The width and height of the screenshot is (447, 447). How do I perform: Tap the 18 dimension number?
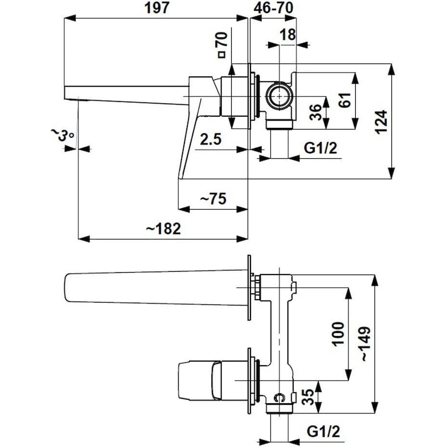(x=288, y=34)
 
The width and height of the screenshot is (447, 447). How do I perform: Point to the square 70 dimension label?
(x=221, y=45)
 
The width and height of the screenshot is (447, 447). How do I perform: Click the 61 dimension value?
(x=344, y=102)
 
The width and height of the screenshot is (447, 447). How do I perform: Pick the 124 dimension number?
(x=380, y=121)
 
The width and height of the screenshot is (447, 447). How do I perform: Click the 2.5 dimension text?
(x=211, y=139)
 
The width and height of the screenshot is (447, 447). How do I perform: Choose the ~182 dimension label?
(x=163, y=229)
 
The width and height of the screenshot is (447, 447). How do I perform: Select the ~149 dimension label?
(x=365, y=343)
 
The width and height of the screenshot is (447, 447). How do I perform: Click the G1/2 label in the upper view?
(x=320, y=148)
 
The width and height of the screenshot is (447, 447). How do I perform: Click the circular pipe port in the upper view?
(x=280, y=96)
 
